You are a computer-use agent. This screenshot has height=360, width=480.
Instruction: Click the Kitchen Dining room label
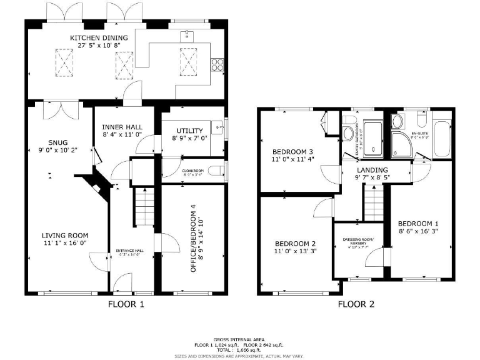point(99,38)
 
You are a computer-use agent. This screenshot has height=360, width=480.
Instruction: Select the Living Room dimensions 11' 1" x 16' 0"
point(66,243)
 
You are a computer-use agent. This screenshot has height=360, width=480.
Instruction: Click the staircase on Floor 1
point(144,208)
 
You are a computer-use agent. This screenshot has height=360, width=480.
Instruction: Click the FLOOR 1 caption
point(126,305)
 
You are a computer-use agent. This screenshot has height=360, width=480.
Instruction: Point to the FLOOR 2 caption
point(356,305)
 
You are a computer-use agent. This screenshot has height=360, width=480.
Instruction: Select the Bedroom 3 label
point(292,152)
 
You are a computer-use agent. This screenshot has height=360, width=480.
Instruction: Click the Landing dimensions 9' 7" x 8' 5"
point(372,177)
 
